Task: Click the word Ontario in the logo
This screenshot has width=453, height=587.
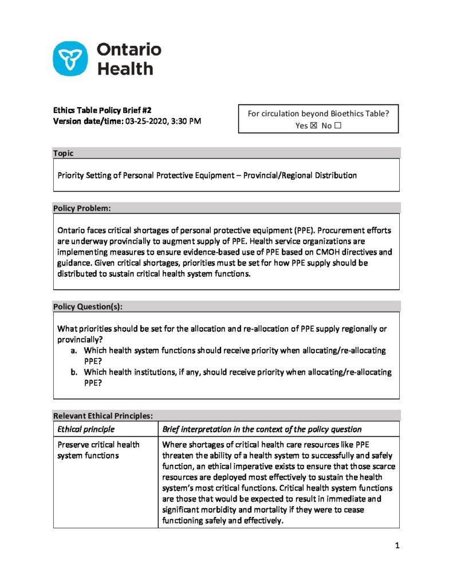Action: tap(128, 49)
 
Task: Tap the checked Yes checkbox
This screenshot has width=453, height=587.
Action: tap(313, 126)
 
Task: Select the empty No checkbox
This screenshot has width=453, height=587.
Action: tap(337, 126)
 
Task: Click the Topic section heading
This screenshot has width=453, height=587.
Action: tap(63, 153)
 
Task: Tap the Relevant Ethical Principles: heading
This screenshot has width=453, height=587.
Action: tap(103, 416)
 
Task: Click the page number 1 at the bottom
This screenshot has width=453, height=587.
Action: tap(396, 546)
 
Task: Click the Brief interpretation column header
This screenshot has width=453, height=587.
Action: tap(262, 429)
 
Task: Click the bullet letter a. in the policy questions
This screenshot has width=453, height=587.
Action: tap(74, 350)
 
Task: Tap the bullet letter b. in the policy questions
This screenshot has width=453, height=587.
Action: tap(74, 372)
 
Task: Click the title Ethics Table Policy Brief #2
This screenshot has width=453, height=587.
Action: tap(102, 109)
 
